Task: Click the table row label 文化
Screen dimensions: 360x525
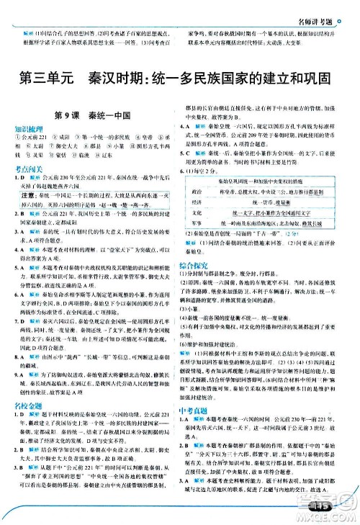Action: pyautogui.click(x=199, y=233)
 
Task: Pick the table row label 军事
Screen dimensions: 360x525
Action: pyautogui.click(x=199, y=243)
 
